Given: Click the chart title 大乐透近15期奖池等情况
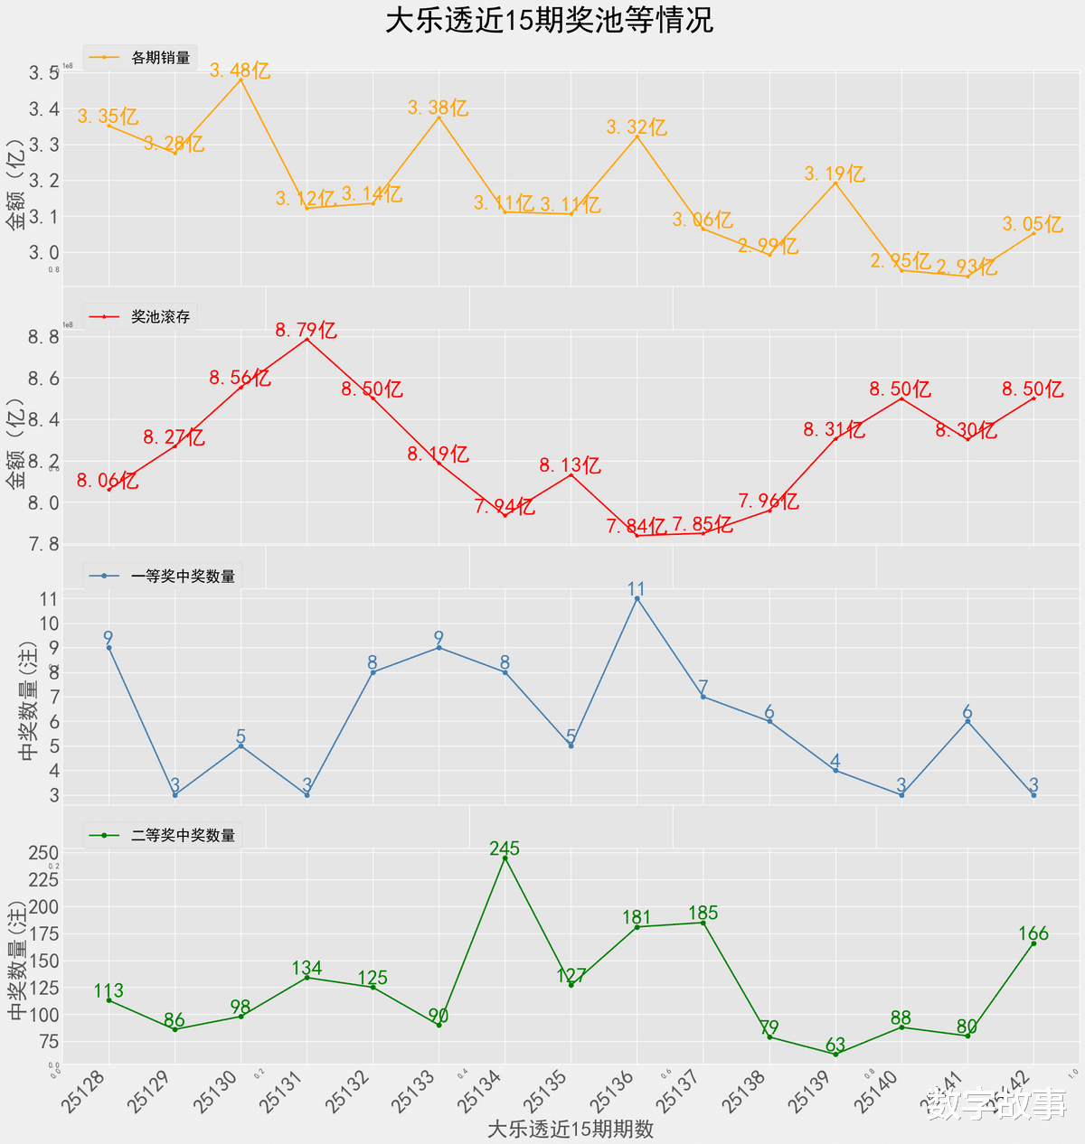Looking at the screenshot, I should [x=549, y=21].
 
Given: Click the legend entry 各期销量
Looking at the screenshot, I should [x=160, y=58].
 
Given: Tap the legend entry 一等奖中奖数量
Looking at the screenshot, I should [x=183, y=577].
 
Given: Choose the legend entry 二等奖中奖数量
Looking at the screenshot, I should [x=183, y=836].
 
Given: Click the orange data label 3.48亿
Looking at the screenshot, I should [x=241, y=70].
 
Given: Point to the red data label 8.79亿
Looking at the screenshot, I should [x=307, y=331].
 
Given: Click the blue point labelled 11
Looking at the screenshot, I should [x=637, y=598].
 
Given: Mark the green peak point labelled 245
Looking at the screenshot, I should [x=505, y=858].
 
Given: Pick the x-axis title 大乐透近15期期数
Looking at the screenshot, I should [x=570, y=1130].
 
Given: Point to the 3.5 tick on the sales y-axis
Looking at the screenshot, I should [x=43, y=73].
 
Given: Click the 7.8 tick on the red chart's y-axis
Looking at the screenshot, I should [x=43, y=544].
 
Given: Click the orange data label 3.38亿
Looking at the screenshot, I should [x=439, y=108].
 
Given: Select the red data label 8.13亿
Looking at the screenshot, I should [x=571, y=466].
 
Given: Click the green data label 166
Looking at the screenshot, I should [x=1033, y=933].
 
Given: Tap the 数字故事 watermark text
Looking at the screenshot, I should [x=996, y=1104].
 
